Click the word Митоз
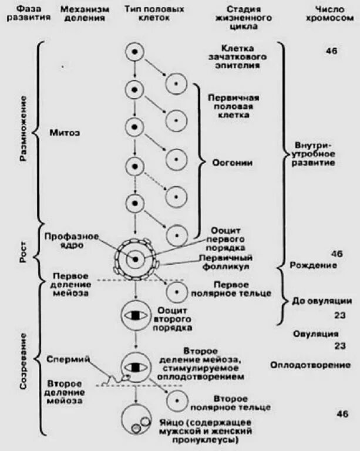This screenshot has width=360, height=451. [x=65, y=133]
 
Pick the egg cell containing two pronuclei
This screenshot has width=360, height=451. [x=136, y=418]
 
